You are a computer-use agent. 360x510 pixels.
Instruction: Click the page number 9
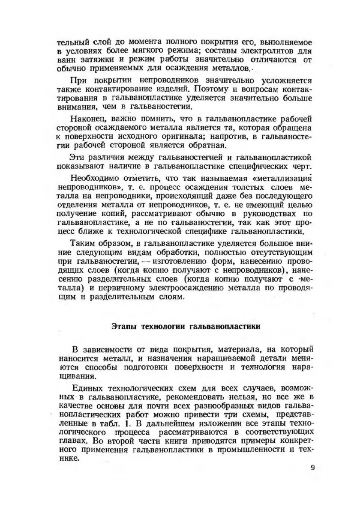coord(313,467)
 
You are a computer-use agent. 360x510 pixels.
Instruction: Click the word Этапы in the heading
coord(125,327)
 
